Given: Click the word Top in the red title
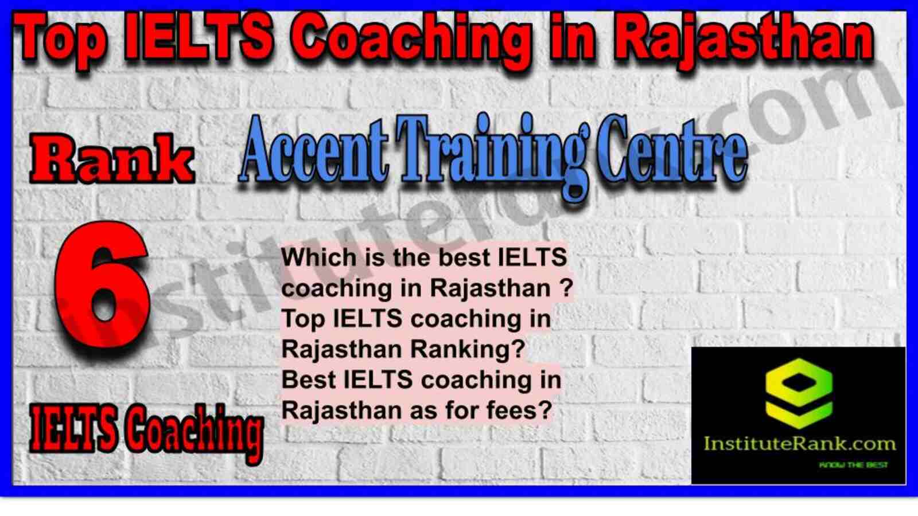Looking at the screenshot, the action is pos(60,40).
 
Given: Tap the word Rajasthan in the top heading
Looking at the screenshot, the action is pos(742,40).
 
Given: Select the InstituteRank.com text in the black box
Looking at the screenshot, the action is pos(799,444).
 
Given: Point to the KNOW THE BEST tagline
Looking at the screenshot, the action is pos(853,465).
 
